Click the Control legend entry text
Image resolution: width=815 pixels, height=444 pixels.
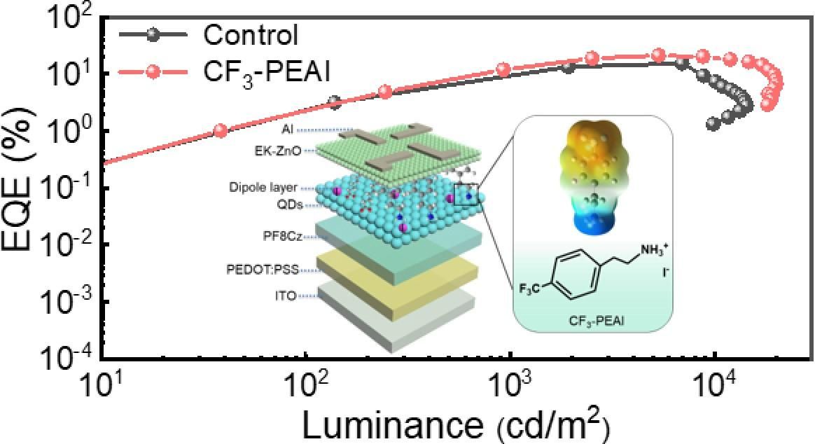(x=251, y=34)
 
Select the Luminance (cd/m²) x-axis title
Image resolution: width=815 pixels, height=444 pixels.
(x=455, y=424)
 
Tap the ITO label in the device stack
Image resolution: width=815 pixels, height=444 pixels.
(x=285, y=296)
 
